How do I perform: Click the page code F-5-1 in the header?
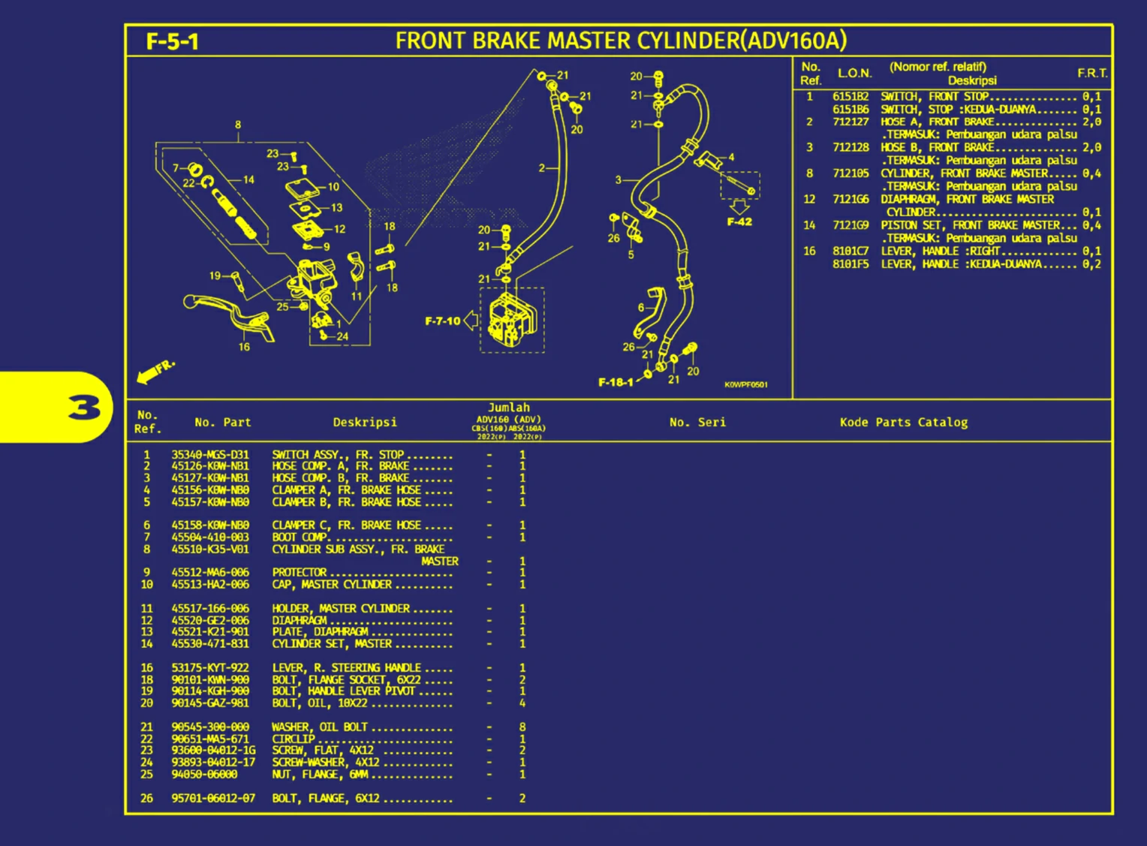(172, 41)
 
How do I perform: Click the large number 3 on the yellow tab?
(84, 408)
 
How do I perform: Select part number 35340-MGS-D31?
(210, 454)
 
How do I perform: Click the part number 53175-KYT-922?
(210, 667)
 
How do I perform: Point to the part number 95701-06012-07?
(213, 798)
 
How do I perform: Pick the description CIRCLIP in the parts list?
(294, 739)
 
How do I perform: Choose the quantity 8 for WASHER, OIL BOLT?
(522, 727)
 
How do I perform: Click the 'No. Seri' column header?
(697, 422)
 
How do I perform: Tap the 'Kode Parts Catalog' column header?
(903, 422)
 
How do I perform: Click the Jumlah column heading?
(509, 408)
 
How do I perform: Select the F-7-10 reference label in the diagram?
(442, 321)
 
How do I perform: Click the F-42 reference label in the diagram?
(739, 221)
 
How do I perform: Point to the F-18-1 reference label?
(616, 382)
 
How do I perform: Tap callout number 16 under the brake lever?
(244, 347)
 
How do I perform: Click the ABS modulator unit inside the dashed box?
(512, 321)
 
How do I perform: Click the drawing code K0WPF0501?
(745, 385)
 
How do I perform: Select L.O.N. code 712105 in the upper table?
(850, 173)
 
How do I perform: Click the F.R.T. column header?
(1092, 73)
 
